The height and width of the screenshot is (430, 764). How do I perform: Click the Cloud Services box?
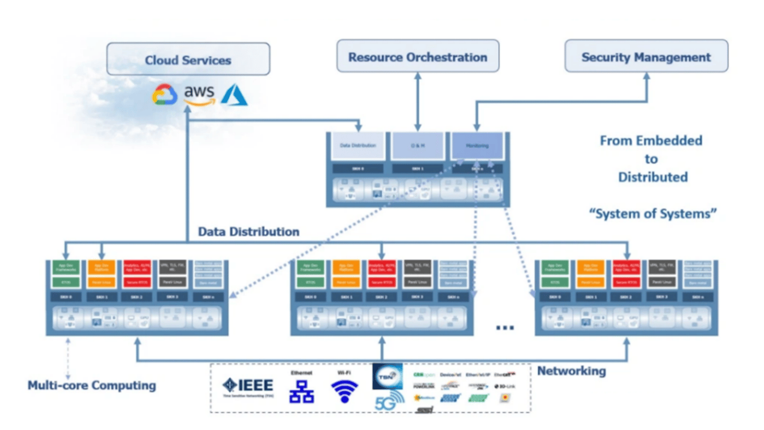tap(188, 59)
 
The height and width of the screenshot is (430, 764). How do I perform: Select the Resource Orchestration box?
tap(418, 57)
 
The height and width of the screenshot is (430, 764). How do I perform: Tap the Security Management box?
tap(646, 57)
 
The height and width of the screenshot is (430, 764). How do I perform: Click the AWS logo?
tap(199, 95)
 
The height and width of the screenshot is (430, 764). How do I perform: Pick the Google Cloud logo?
tap(165, 95)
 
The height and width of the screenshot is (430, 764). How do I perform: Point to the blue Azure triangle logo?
tap(234, 95)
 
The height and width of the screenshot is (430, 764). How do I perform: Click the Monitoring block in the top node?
tap(477, 146)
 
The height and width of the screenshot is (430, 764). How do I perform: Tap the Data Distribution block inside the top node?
tap(358, 146)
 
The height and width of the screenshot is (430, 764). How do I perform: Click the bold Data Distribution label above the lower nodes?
tap(248, 232)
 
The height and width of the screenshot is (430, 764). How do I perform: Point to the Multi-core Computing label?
tap(92, 386)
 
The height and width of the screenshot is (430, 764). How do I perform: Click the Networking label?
tap(571, 371)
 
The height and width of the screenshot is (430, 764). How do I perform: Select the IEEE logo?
tap(248, 386)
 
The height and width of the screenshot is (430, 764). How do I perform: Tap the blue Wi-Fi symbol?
tap(345, 391)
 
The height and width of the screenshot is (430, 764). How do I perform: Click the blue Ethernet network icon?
tap(302, 391)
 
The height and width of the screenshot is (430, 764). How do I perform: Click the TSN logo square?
tap(388, 376)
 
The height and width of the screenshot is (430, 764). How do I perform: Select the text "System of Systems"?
tap(653, 214)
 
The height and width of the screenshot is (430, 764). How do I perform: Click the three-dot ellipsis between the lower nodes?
tap(505, 327)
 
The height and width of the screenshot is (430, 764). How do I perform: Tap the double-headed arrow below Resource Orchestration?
tap(418, 102)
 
